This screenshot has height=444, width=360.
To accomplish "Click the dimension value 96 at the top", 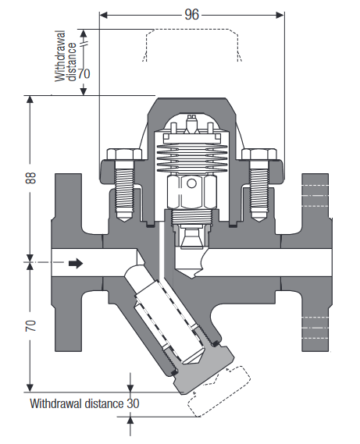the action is [x=191, y=15].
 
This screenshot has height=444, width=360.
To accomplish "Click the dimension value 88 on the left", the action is [x=31, y=178].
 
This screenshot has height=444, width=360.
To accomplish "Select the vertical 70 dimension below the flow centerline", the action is [x=31, y=325].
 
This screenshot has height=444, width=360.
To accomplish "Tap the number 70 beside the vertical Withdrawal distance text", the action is [x=84, y=73].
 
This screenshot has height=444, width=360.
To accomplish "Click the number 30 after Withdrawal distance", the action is [x=133, y=403].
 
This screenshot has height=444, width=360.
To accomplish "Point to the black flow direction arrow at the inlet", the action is [x=76, y=263].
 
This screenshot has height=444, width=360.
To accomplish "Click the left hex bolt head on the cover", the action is [x=124, y=154].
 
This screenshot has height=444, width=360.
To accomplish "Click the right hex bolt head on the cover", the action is [x=259, y=154].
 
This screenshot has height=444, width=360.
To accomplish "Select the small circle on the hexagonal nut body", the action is [x=191, y=184].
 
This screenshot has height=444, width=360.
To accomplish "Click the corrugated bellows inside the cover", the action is [x=192, y=158].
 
